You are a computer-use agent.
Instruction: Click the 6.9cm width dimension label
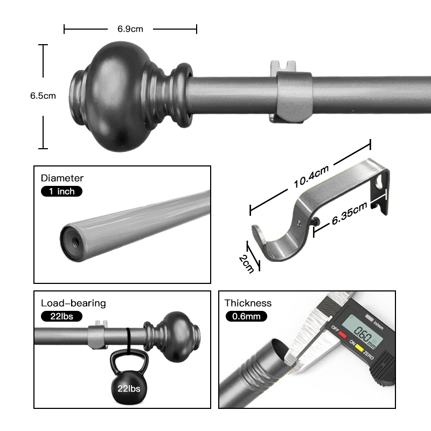coord(130,29)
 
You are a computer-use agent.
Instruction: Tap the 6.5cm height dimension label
coord(43,96)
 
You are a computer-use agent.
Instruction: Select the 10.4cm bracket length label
coord(311,177)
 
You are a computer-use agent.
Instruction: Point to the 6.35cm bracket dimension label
coord(349,213)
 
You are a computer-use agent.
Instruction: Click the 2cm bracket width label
coord(246,264)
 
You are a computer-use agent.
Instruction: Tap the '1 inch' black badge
coord(61,191)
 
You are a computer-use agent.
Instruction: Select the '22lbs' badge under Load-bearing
coord(61,316)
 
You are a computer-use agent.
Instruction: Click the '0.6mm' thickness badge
coord(246,316)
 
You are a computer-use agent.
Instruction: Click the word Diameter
coord(62,178)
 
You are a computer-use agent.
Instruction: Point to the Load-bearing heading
coord(73,303)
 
